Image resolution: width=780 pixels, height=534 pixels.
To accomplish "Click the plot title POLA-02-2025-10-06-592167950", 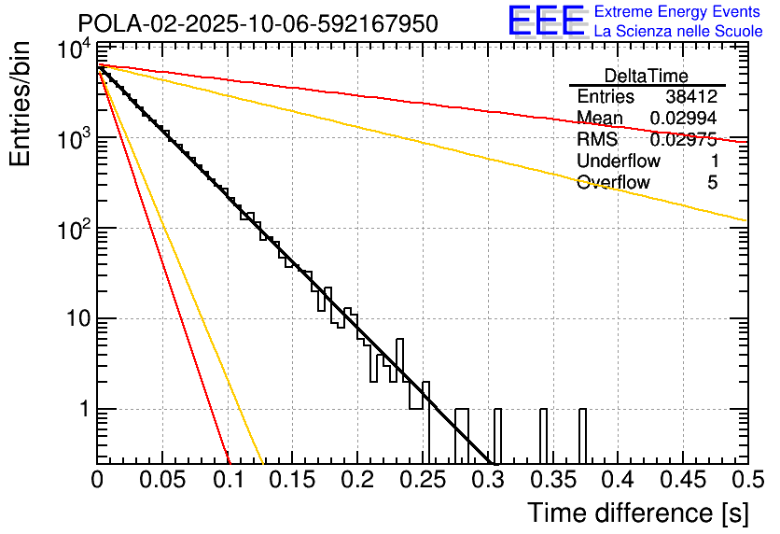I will pos(258,24).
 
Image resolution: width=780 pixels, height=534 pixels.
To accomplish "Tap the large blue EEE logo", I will pos(547,21).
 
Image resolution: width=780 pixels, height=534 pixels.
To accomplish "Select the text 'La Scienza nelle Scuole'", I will pos(677,31).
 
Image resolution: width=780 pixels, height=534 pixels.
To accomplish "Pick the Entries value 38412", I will pos(691,97).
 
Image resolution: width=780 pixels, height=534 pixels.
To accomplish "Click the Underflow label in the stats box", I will pos(615,162).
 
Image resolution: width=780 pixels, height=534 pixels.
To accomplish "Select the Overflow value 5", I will pos(712,183).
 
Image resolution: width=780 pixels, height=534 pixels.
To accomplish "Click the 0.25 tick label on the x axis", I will pos(423,480).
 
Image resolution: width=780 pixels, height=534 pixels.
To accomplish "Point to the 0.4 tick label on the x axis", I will pos(618,480).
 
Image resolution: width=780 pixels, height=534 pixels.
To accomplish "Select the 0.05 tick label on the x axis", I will pos(162,480).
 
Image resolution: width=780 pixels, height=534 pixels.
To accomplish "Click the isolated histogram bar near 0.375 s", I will pos(582,435).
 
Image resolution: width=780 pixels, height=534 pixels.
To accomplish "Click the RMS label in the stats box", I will pos(597,140).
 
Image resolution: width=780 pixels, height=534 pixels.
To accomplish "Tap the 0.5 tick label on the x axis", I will pos(746,480).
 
